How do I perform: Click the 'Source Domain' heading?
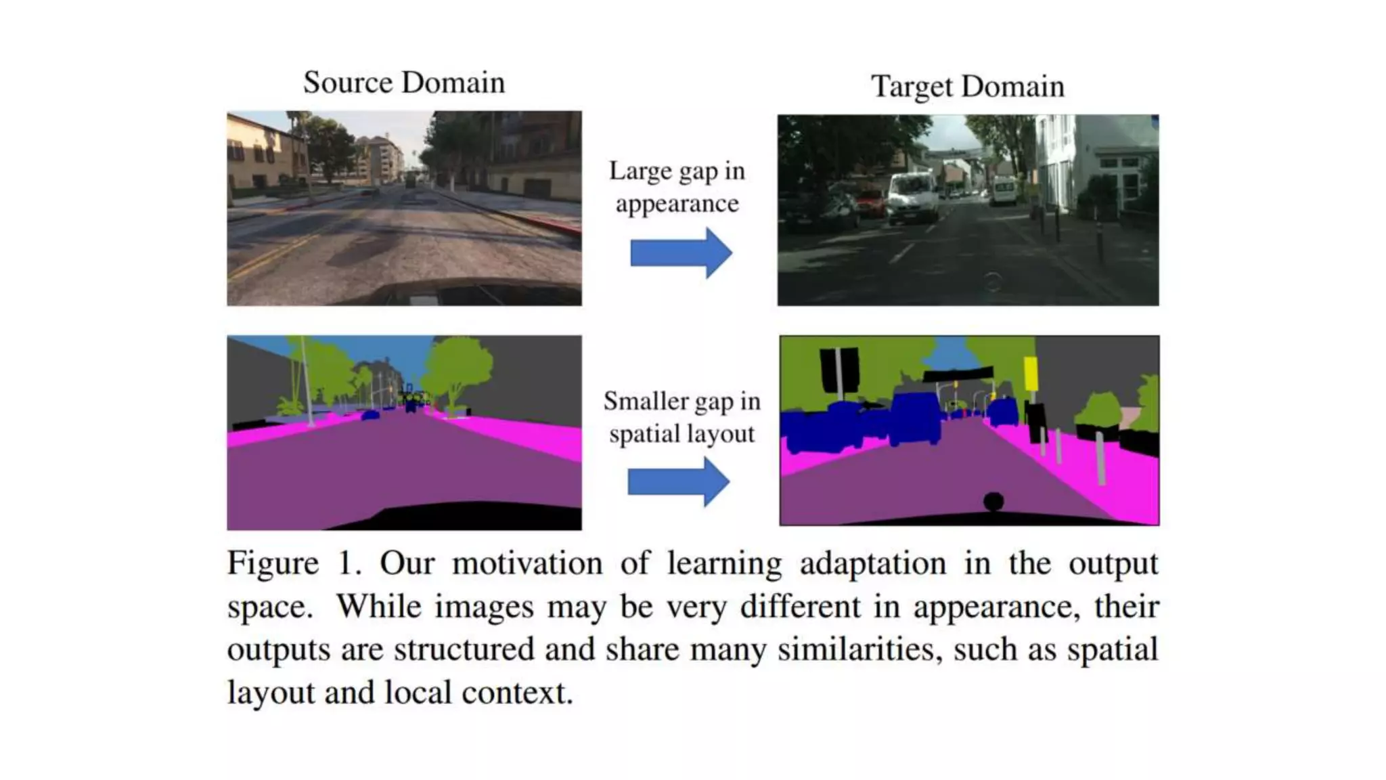(404, 83)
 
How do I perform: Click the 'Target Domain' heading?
(968, 87)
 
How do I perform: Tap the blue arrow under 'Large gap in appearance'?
(681, 253)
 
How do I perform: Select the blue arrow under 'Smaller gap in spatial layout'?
(679, 481)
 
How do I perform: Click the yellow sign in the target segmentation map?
(1031, 374)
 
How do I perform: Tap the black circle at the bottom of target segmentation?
(993, 502)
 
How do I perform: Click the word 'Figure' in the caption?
(273, 563)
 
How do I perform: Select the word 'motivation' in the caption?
(527, 563)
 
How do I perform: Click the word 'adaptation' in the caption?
(873, 563)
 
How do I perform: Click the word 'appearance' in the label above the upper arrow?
(677, 204)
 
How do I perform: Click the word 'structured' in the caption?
(464, 649)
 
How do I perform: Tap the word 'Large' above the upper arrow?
(640, 171)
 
